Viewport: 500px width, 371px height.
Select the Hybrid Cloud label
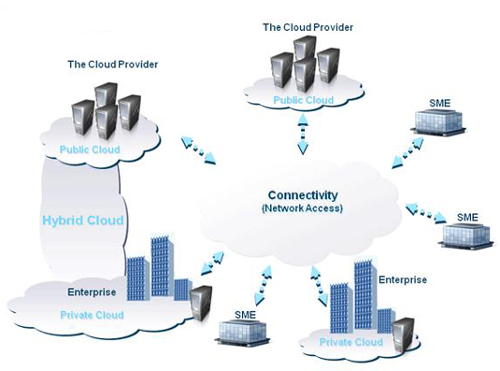[83, 221]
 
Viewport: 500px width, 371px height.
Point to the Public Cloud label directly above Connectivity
[302, 100]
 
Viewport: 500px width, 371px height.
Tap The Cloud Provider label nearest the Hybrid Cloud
[112, 64]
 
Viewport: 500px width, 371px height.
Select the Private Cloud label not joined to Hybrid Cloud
[350, 342]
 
